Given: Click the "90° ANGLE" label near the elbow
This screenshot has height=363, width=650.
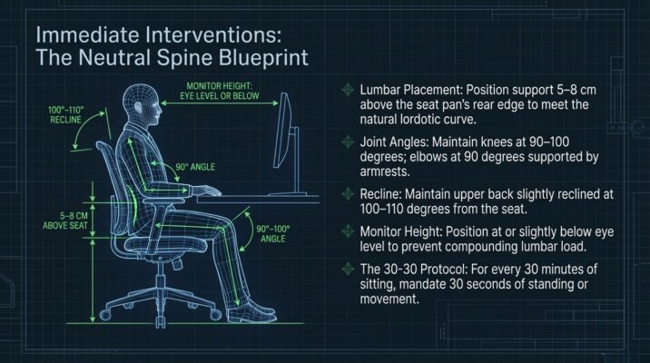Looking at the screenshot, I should [195, 167].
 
